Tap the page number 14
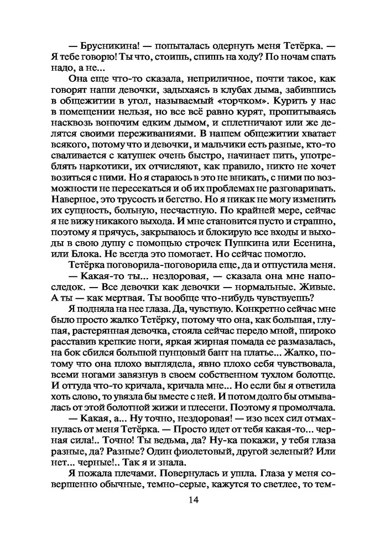click(x=193, y=500)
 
